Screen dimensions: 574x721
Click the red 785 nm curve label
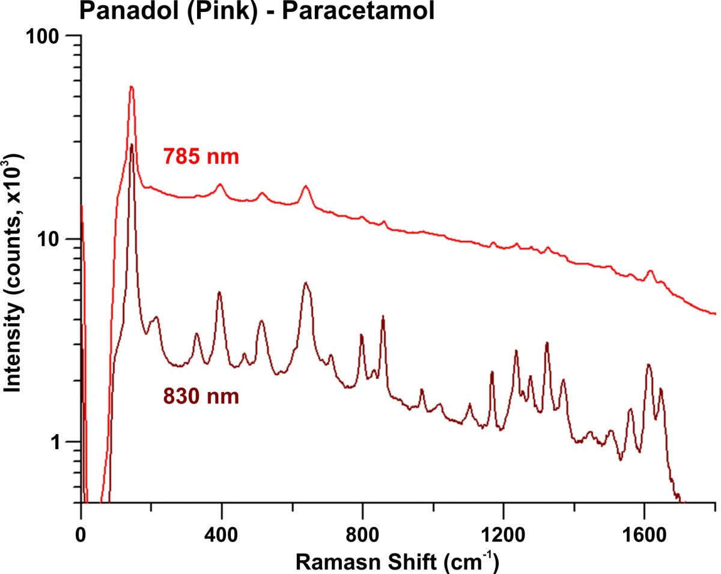click(x=201, y=157)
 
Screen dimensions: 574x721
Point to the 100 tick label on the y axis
click(x=47, y=36)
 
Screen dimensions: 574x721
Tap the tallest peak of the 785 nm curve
click(x=131, y=88)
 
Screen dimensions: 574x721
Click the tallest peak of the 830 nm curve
click(x=132, y=145)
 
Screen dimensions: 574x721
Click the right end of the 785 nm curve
click(x=715, y=313)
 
